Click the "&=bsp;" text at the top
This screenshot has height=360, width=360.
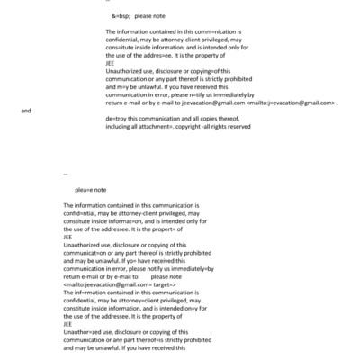tap(121, 16)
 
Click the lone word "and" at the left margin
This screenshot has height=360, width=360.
tap(26, 111)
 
